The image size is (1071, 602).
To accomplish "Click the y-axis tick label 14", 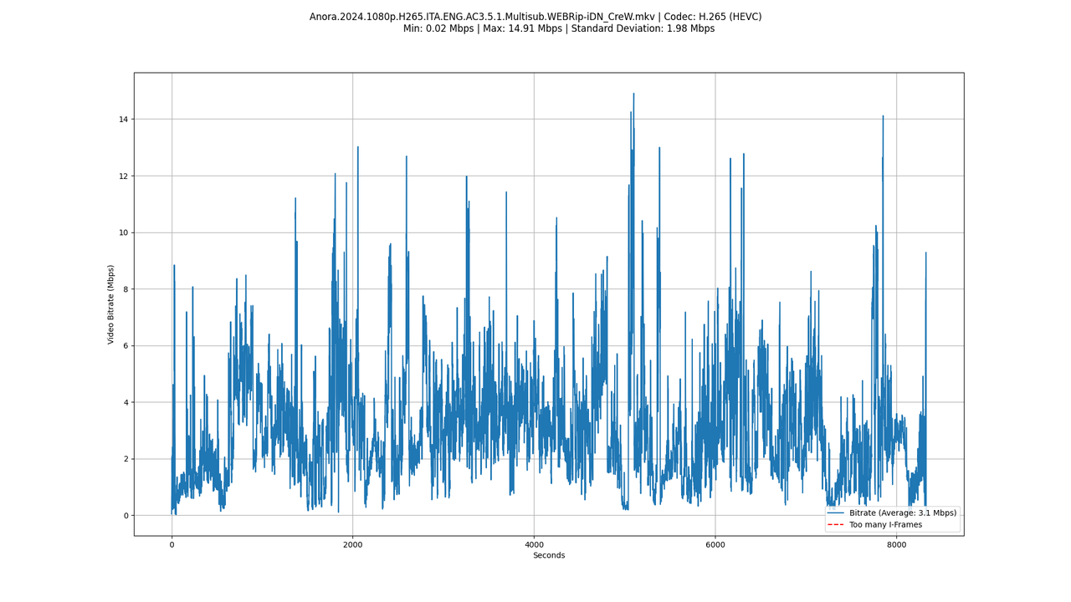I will click(123, 120).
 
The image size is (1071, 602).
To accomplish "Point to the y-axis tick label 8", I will click(126, 289).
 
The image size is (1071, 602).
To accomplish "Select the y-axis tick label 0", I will click(126, 516).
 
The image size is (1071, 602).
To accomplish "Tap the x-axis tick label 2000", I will click(352, 544).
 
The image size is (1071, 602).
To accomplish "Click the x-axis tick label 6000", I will click(715, 544).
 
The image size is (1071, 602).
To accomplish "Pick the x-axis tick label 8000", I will click(896, 544).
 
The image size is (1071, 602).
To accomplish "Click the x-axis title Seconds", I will click(549, 556).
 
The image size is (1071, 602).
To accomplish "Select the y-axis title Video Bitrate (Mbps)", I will click(111, 304).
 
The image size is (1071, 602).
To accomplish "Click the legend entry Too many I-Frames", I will click(885, 525).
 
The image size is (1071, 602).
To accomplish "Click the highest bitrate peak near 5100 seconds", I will click(633, 94).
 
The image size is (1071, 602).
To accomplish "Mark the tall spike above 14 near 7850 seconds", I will click(883, 116).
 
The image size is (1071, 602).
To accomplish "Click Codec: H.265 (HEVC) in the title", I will click(713, 17).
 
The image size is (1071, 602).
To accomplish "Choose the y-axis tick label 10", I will click(123, 232).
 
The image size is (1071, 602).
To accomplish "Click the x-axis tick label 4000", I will click(534, 544).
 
